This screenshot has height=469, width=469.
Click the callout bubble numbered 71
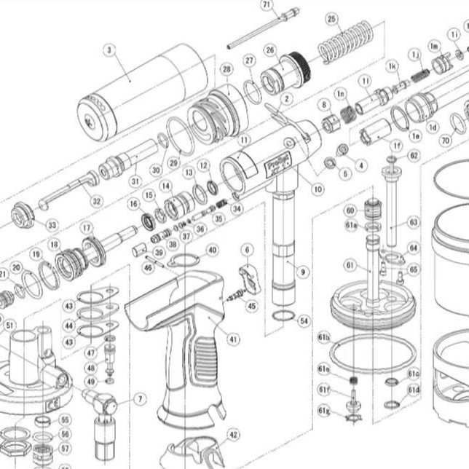(x=267, y=4)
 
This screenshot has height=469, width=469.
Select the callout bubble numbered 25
(x=332, y=18)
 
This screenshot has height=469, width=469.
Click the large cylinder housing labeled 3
(x=138, y=93)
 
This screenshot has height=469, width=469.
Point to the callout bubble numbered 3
(x=110, y=50)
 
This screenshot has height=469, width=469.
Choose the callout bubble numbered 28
(x=226, y=69)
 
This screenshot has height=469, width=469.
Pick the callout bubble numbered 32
(x=96, y=200)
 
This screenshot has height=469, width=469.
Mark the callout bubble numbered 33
(x=52, y=226)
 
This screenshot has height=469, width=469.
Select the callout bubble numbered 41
(x=233, y=339)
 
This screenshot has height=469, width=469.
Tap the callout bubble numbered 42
(x=232, y=435)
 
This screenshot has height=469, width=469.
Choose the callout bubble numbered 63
(x=413, y=221)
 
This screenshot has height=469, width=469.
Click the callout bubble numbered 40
(x=212, y=250)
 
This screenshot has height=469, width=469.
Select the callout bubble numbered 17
(x=87, y=229)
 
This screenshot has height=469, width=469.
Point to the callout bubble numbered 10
(x=318, y=189)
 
